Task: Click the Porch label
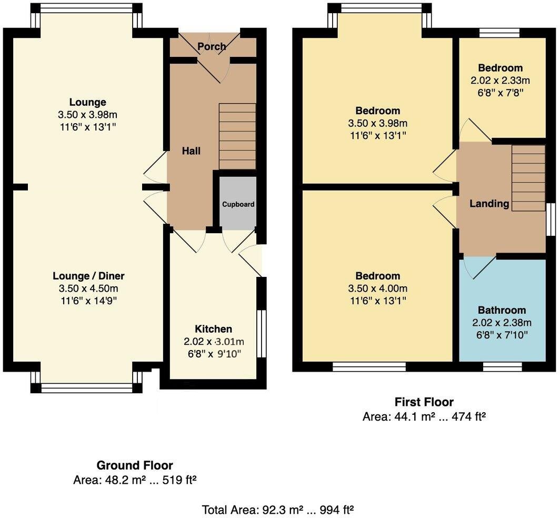pyautogui.click(x=212, y=46)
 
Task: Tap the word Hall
pyautogui.click(x=191, y=151)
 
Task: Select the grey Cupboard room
pyautogui.click(x=238, y=203)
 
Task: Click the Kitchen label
pyautogui.click(x=214, y=328)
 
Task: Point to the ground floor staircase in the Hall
pyautogui.click(x=237, y=136)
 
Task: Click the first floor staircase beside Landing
pyautogui.click(x=528, y=178)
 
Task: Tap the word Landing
pyautogui.click(x=489, y=204)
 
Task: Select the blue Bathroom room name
pyautogui.click(x=502, y=310)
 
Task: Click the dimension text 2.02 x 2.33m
pyautogui.click(x=500, y=81)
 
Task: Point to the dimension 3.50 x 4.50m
pyautogui.click(x=88, y=288)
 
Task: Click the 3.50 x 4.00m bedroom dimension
pyautogui.click(x=377, y=288)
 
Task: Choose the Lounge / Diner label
pyautogui.click(x=88, y=276)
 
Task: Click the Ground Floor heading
pyautogui.click(x=135, y=465)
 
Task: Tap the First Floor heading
pyautogui.click(x=424, y=402)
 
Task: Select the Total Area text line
pyautogui.click(x=278, y=509)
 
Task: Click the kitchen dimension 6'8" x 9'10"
pyautogui.click(x=214, y=354)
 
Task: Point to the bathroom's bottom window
pyautogui.click(x=503, y=366)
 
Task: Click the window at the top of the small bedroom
pyautogui.click(x=499, y=33)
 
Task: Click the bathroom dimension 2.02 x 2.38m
pyautogui.click(x=502, y=323)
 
